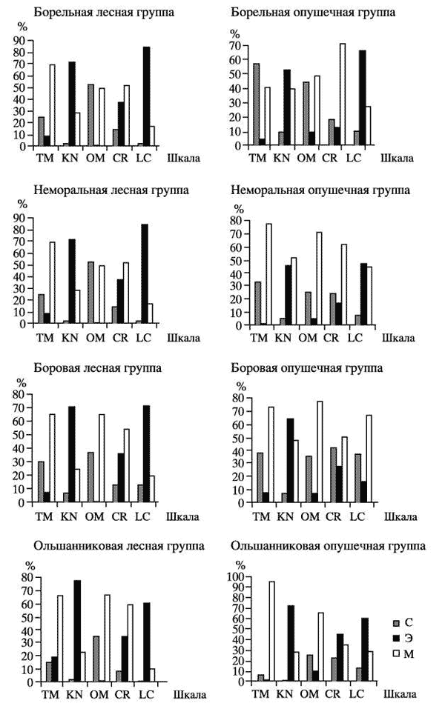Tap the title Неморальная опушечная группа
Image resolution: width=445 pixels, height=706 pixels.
coord(320,190)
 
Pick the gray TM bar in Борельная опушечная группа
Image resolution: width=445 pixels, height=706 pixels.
coord(256,104)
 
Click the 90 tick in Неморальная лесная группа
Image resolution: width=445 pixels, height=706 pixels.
coord(22,219)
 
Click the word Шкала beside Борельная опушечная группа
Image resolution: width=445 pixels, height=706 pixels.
coord(398,158)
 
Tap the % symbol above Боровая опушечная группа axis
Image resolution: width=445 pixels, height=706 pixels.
coord(240,386)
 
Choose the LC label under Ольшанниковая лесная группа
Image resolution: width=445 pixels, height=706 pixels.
coord(145,695)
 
